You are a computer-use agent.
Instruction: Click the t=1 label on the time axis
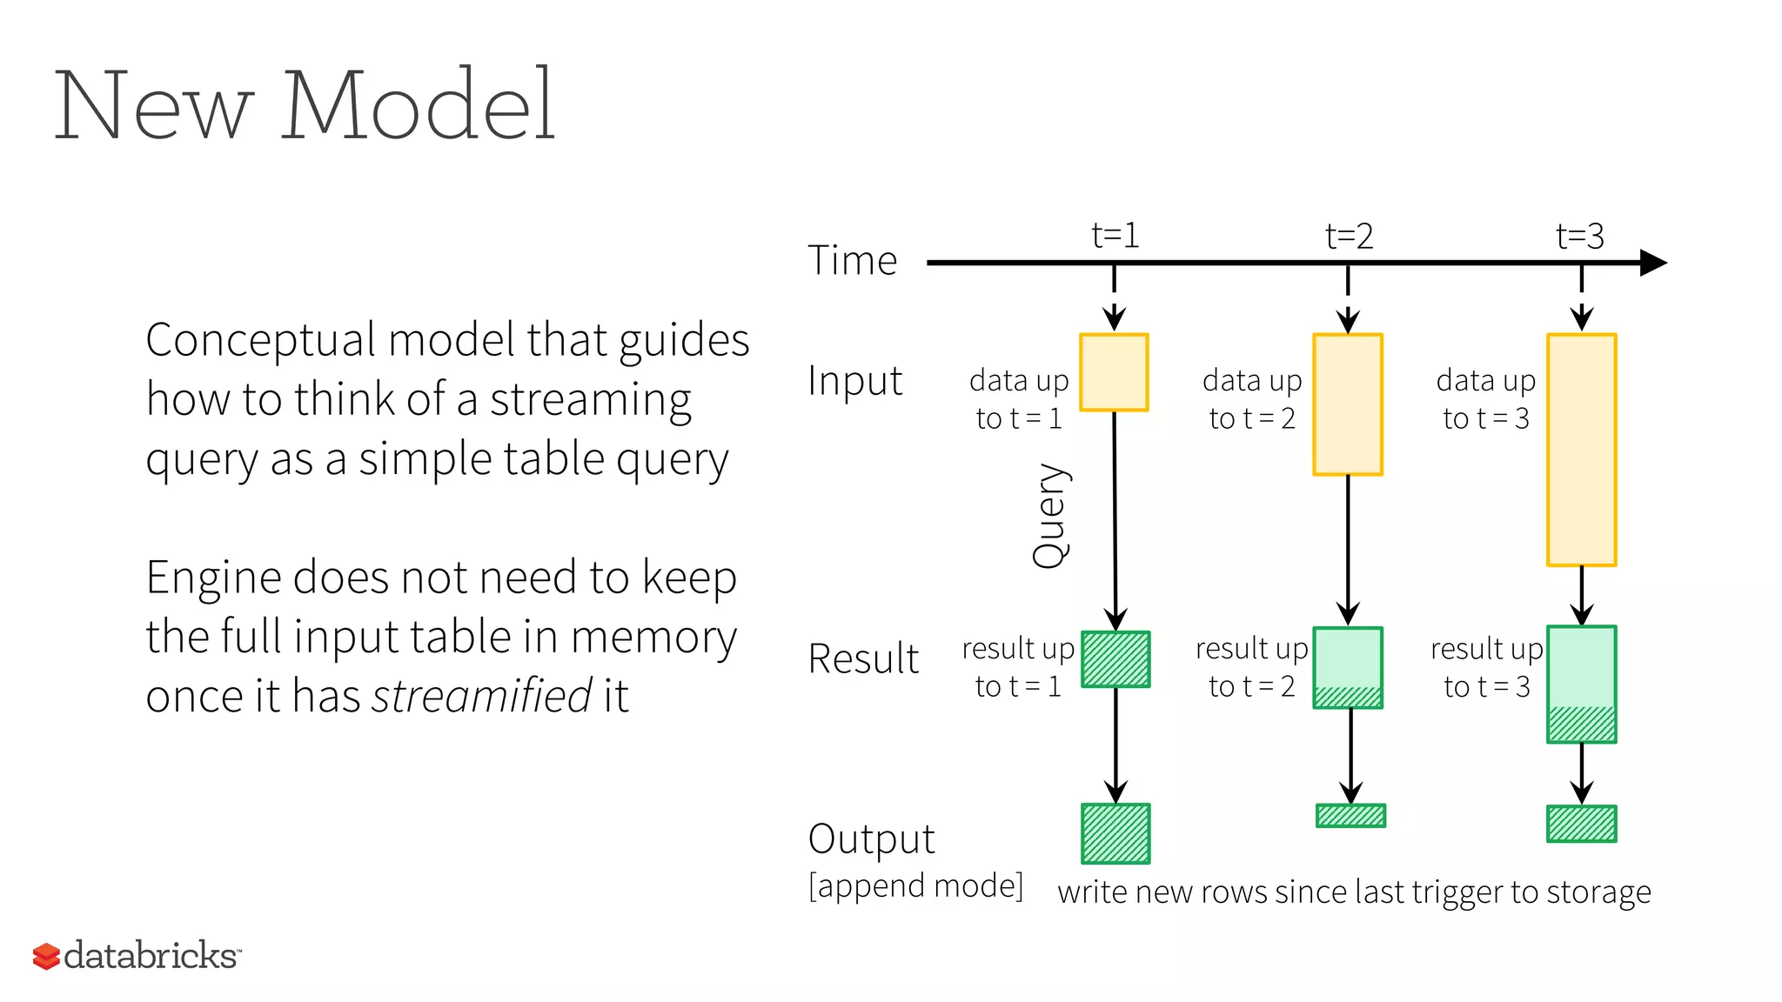tap(1115, 236)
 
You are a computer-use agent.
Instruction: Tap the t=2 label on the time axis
tap(1349, 237)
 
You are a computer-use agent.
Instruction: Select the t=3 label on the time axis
tap(1579, 237)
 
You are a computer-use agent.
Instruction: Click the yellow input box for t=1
tap(1114, 372)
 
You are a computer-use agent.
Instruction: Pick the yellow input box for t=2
tap(1348, 404)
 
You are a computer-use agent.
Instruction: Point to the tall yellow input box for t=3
tap(1581, 450)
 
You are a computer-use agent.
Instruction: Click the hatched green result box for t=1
tap(1115, 659)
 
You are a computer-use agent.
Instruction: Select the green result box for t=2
tap(1348, 667)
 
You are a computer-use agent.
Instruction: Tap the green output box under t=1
tap(1115, 833)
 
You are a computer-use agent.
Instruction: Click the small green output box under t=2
tap(1350, 815)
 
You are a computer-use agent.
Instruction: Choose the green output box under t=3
tap(1581, 824)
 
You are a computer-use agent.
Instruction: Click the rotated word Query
tap(1050, 516)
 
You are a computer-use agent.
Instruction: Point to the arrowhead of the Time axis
tap(1653, 262)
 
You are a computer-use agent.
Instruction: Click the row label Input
tap(854, 381)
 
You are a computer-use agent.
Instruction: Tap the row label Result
tap(862, 658)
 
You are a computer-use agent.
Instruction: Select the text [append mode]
tap(915, 886)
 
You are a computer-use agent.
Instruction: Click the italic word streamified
tap(482, 696)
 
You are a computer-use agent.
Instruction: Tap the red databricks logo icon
tap(46, 956)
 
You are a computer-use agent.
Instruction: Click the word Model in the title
tap(417, 106)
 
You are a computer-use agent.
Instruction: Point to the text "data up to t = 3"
tap(1485, 399)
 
